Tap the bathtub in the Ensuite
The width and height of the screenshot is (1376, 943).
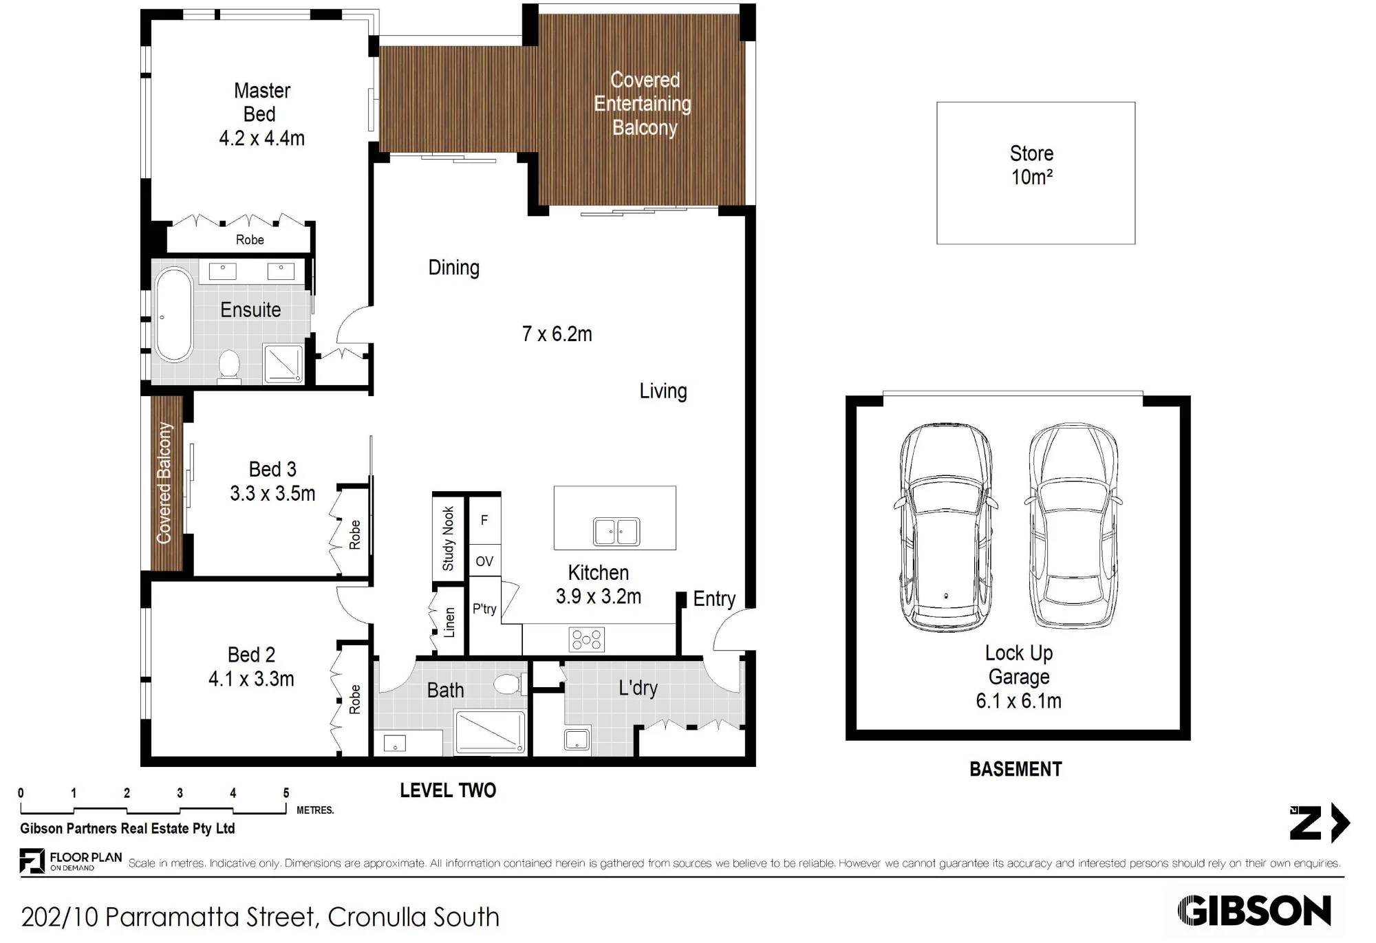173,315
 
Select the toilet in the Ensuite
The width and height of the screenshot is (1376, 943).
228,365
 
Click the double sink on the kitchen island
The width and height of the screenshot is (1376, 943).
616,532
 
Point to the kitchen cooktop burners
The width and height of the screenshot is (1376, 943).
586,640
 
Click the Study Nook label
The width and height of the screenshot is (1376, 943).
448,539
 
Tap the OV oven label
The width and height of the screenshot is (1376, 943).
484,561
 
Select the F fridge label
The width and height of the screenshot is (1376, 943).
484,520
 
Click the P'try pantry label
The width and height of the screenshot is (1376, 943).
484,609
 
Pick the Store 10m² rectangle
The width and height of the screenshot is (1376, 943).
1035,173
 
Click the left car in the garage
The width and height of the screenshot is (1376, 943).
946,528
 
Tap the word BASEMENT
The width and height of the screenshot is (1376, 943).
1015,769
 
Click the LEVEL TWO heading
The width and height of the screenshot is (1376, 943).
448,790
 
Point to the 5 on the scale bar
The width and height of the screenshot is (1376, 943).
286,793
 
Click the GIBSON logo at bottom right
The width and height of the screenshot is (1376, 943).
1254,911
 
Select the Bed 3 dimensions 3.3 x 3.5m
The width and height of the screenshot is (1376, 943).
272,493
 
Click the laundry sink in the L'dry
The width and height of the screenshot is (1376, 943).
577,739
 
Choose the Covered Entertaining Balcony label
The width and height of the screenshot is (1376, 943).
643,104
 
